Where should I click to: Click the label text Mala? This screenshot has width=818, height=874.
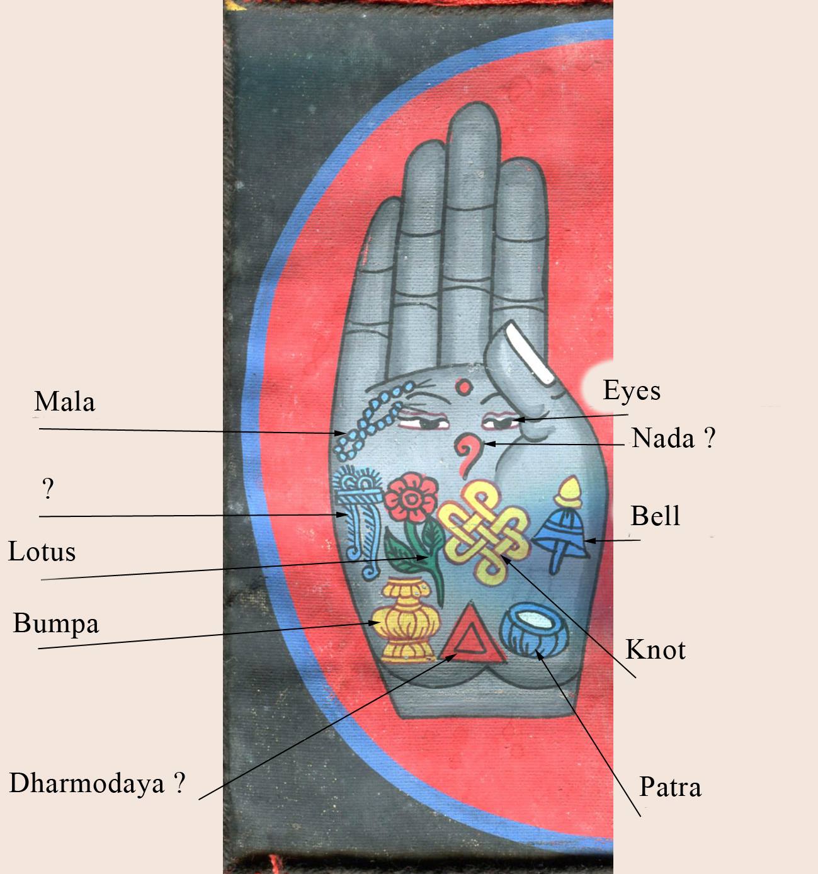pos(65,402)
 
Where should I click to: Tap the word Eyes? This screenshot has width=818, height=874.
pos(632,390)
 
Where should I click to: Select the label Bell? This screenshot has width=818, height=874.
pos(655,516)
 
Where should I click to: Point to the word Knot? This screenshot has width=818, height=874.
pos(656,650)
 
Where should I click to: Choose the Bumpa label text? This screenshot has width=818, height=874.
pos(56,624)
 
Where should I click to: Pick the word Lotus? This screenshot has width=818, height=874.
pos(42,552)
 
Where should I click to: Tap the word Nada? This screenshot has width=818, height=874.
pos(663,438)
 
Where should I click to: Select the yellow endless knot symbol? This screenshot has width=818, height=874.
pos(483,532)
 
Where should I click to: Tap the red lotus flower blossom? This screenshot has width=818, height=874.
pos(411,497)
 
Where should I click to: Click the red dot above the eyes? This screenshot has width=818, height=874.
pos(463,387)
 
